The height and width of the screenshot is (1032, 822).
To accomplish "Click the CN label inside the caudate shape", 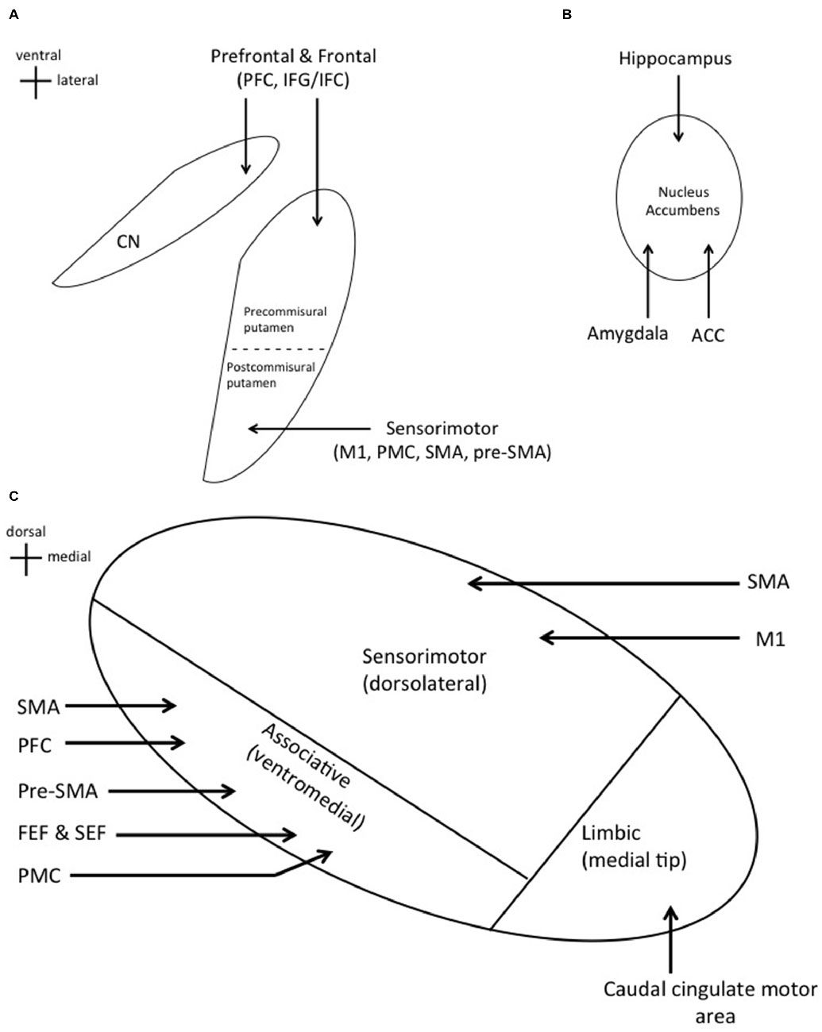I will click(128, 241).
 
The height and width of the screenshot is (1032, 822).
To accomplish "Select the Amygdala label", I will click(627, 334).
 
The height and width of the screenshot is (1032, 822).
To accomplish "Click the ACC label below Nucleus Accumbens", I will click(708, 335).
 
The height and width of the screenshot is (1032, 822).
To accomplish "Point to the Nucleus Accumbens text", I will click(682, 201).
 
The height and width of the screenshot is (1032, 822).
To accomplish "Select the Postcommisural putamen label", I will click(271, 375).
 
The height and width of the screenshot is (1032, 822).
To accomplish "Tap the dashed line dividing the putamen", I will click(279, 349).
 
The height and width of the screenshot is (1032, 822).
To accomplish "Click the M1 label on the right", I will click(770, 638).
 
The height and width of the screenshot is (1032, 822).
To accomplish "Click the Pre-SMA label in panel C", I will click(57, 791).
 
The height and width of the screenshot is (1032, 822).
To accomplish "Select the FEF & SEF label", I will click(61, 834).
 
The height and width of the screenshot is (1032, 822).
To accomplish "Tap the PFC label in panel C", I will click(34, 744).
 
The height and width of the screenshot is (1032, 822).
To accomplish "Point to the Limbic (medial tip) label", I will click(633, 845).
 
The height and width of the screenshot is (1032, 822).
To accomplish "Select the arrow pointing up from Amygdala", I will click(650, 280).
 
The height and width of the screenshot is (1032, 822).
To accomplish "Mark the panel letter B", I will click(566, 13).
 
